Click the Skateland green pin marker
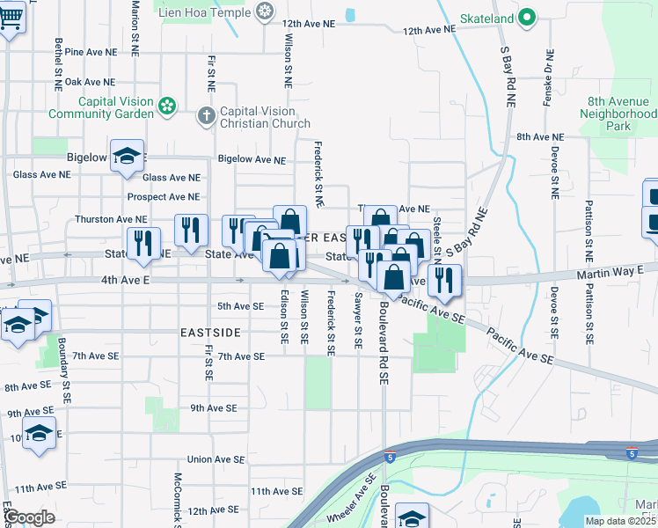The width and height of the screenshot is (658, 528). (x=527, y=17)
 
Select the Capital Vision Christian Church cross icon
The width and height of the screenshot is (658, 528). (x=206, y=115)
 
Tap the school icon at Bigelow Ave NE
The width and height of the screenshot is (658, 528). (x=128, y=156)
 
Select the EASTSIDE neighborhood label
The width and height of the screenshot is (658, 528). (x=210, y=333)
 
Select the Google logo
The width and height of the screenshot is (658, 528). (x=29, y=518)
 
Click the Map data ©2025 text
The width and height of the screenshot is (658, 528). (x=621, y=522)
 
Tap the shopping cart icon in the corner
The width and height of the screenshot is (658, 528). (x=11, y=17)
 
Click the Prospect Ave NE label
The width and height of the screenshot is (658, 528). (x=164, y=197)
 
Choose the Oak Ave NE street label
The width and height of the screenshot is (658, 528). (x=91, y=82)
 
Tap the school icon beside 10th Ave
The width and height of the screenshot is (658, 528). (x=39, y=433)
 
